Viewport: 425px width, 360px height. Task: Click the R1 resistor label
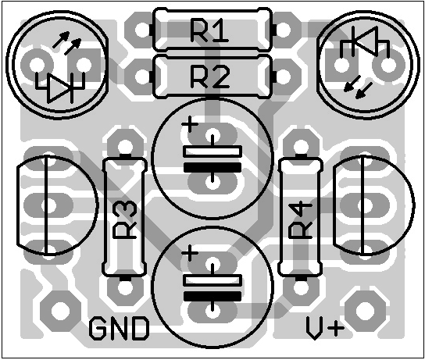pos(209,30)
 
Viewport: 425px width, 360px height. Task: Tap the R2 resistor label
pos(210,77)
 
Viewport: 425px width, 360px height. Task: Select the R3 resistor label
pos(125,220)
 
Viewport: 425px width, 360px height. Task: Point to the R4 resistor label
pos(300,220)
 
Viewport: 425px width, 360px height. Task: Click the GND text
pos(119,329)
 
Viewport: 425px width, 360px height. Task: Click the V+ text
pos(325,329)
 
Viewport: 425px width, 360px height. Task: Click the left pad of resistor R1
pos(142,30)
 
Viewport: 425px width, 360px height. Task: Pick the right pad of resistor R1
pos(283,30)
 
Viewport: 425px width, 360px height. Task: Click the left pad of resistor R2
pos(142,77)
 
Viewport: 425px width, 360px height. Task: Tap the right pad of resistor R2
pos(283,77)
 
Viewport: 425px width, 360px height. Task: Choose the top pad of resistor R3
pos(125,146)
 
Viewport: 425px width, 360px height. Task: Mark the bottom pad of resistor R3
pos(125,287)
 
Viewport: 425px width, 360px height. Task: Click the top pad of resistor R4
pos(300,146)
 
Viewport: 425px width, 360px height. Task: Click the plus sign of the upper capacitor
pos(190,124)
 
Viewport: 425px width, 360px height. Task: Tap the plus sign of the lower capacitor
pos(190,253)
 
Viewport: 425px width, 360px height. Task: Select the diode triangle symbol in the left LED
pos(60,88)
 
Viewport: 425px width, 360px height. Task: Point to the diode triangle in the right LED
pos(365,41)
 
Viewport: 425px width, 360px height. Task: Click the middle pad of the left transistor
pos(48,205)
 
